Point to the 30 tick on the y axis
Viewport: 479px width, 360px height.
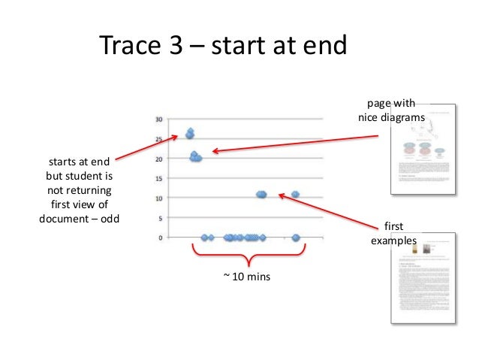click(158, 119)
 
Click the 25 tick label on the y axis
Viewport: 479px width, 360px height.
click(158, 139)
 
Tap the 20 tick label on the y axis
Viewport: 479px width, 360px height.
click(158, 159)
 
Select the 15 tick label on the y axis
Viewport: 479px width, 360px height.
click(158, 178)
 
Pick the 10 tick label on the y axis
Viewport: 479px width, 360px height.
click(158, 198)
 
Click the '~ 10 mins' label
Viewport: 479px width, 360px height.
click(246, 277)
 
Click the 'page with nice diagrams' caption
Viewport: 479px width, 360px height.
click(390, 110)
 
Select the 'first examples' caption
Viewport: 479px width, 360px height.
click(393, 233)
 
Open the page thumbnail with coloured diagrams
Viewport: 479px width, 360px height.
click(424, 148)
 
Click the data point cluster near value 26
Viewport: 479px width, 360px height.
click(190, 134)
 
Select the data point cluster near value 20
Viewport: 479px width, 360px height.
click(195, 158)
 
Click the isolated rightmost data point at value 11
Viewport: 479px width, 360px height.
click(296, 194)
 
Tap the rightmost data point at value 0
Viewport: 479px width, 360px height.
click(296, 237)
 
